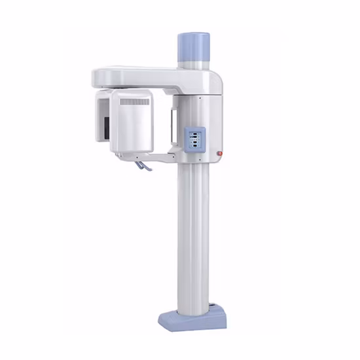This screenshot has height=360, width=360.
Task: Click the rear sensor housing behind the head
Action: coord(102,118)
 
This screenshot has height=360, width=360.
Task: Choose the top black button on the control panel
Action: coord(194,132)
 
